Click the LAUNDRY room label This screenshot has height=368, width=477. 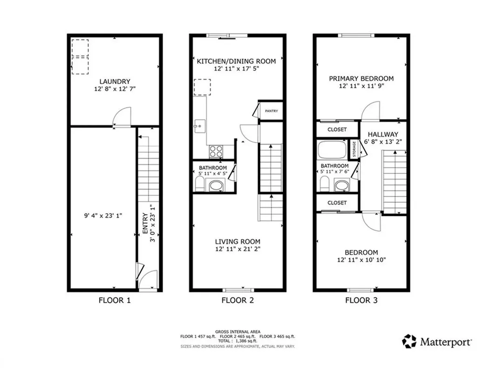click(114, 81)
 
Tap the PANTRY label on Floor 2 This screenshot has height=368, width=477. click(271, 111)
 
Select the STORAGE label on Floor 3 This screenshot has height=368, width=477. click(354, 149)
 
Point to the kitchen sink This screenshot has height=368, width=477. click(199, 125)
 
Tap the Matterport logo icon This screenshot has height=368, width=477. click(409, 341)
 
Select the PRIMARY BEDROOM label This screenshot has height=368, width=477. click(361, 78)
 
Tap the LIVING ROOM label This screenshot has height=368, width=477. click(238, 241)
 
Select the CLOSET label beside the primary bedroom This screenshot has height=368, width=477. click(337, 129)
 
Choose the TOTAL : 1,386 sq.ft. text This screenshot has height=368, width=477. click(238, 341)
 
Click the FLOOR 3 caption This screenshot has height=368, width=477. click(361, 300)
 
